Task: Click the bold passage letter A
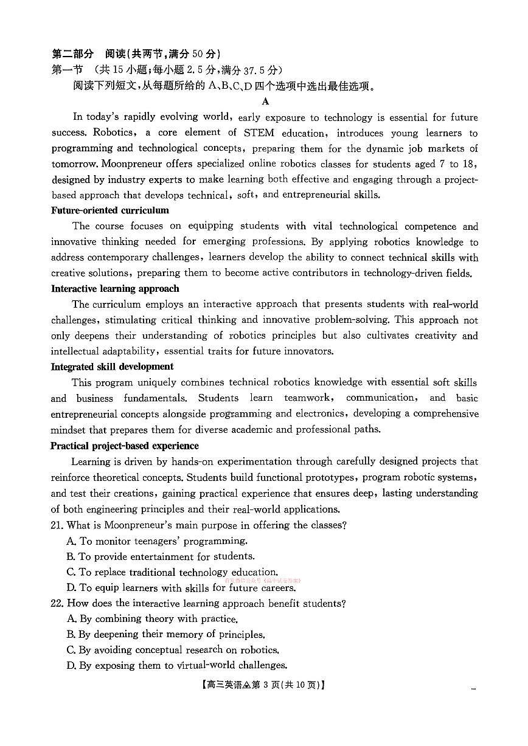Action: [x=266, y=102]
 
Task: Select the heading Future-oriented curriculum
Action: [x=110, y=210]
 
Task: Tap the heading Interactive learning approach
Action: [x=115, y=289]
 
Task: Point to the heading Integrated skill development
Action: [x=112, y=367]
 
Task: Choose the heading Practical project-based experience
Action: [x=125, y=446]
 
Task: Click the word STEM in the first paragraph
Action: [x=259, y=133]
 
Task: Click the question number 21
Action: [x=57, y=525]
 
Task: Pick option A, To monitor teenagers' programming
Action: [x=157, y=541]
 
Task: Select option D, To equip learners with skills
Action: [x=181, y=588]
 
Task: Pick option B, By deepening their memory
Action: [x=165, y=634]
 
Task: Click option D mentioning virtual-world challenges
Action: [x=176, y=666]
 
